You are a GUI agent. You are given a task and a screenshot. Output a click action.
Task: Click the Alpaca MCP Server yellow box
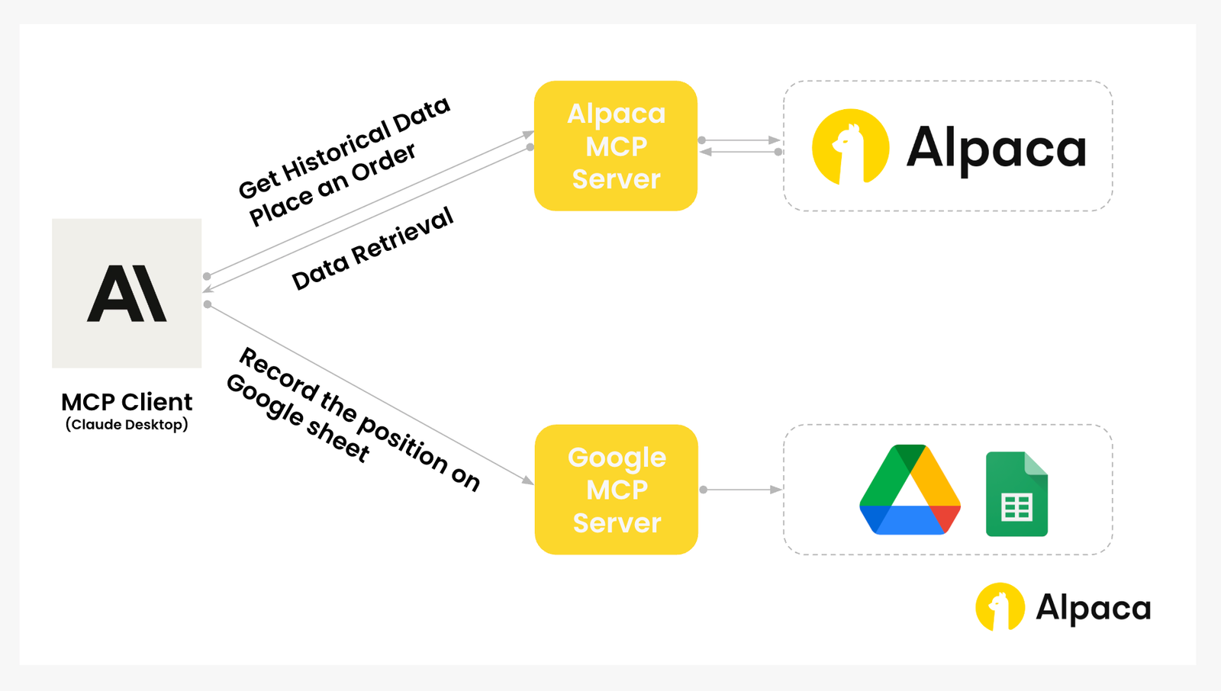tap(615, 146)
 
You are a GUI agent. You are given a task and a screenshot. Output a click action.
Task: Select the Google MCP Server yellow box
tap(616, 489)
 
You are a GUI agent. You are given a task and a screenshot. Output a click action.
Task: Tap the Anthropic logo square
tap(127, 293)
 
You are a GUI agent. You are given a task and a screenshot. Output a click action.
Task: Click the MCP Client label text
tap(127, 402)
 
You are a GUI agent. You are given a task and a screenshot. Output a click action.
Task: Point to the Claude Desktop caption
tap(127, 425)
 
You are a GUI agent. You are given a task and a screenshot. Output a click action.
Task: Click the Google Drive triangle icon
tap(910, 492)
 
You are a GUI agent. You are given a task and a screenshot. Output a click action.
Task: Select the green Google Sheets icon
tap(1016, 494)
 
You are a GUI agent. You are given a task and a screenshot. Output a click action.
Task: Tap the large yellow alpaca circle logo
tap(850, 147)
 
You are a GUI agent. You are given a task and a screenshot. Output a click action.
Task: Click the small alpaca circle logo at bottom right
tap(1000, 607)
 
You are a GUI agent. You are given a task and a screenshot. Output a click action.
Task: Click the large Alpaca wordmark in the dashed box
tap(996, 148)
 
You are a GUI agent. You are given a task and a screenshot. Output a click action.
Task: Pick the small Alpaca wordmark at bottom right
tap(1093, 608)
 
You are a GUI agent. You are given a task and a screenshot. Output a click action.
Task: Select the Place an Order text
tap(333, 185)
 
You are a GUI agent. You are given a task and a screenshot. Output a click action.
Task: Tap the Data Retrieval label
tap(372, 249)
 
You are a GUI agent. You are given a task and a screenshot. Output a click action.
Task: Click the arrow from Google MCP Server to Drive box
tap(740, 490)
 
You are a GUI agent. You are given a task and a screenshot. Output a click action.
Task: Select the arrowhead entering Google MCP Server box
tap(527, 480)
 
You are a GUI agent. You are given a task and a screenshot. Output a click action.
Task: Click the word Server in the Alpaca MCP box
tap(616, 179)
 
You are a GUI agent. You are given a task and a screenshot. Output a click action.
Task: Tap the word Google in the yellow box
tap(617, 457)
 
